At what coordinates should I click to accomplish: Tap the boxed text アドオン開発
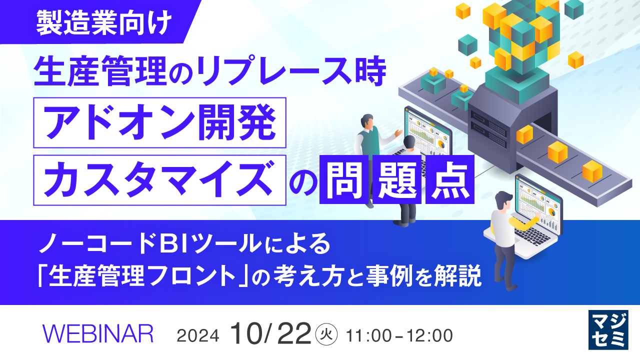159,123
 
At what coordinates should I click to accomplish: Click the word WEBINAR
98,333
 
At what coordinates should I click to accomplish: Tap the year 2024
198,335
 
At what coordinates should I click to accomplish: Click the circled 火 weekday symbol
328,333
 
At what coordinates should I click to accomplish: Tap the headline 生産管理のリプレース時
210,72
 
